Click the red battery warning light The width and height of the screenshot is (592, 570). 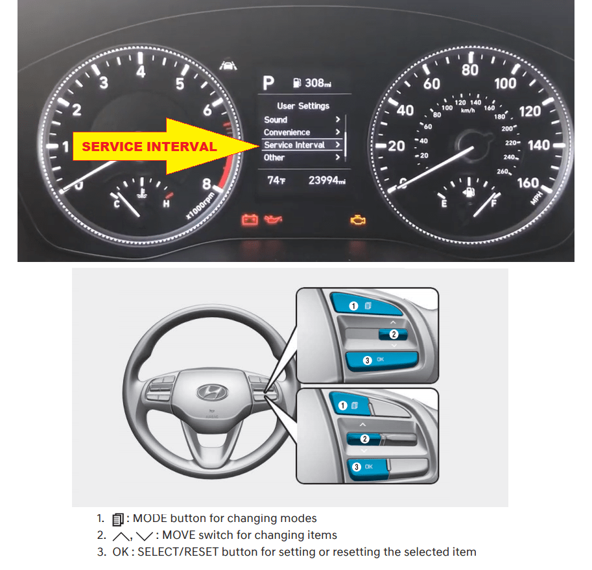tap(250, 219)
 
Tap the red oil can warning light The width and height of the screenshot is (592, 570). tap(273, 219)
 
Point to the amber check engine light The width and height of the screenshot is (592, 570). tap(357, 220)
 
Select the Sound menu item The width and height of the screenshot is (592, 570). tap(276, 120)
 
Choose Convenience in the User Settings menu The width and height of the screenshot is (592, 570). tap(287, 132)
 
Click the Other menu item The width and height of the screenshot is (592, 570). tap(274, 158)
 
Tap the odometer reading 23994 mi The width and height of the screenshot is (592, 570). tap(327, 180)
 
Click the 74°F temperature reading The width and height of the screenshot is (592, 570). tap(276, 180)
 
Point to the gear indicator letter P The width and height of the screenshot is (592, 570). tap(268, 83)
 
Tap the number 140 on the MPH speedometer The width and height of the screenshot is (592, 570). tap(539, 145)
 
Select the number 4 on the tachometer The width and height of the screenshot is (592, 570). tap(141, 71)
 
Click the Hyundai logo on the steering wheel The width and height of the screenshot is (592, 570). tap(213, 392)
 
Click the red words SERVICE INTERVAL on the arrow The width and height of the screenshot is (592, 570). tap(150, 147)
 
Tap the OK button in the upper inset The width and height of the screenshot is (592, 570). tap(382, 360)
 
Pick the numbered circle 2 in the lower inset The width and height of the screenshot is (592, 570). tap(364, 438)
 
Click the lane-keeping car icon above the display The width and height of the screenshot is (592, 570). tap(228, 65)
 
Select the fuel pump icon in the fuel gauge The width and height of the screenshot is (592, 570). tap(469, 192)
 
